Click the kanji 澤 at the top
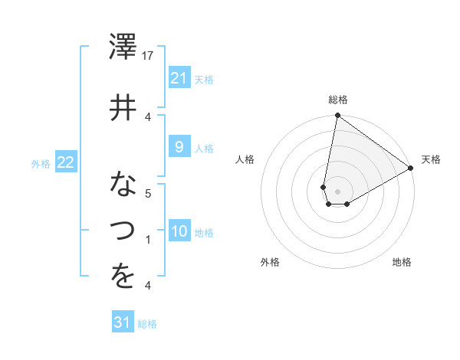(x=123, y=48)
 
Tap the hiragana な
(x=123, y=184)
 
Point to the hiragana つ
(x=123, y=230)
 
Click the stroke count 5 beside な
(x=149, y=193)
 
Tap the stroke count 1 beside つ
(x=149, y=240)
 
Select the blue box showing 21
(x=179, y=77)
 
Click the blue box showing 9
(x=179, y=147)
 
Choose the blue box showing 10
(x=179, y=231)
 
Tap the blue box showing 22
(x=65, y=162)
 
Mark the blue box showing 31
(x=123, y=322)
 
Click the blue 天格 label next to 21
(x=204, y=79)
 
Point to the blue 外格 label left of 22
(x=41, y=163)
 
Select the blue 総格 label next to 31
(x=147, y=324)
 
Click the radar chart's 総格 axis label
(x=337, y=100)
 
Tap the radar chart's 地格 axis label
(x=402, y=262)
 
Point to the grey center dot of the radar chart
(x=337, y=190)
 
